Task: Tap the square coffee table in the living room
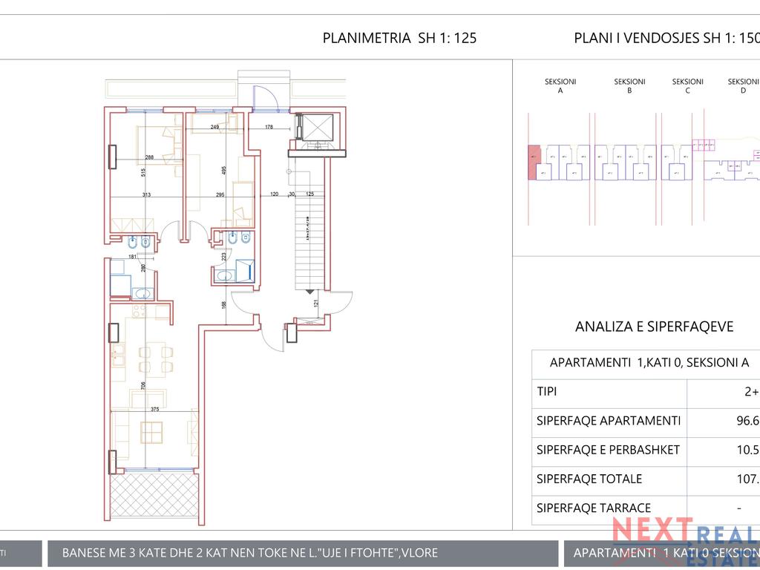point(152,431)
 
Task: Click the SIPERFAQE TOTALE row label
point(589,479)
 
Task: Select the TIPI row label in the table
point(546,391)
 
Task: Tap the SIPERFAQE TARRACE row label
point(594,508)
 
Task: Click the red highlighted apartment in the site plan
point(534,161)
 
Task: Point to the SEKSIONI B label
point(629,86)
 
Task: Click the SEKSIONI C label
point(687,86)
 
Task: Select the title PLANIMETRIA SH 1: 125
point(399,39)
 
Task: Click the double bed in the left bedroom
point(157,145)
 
